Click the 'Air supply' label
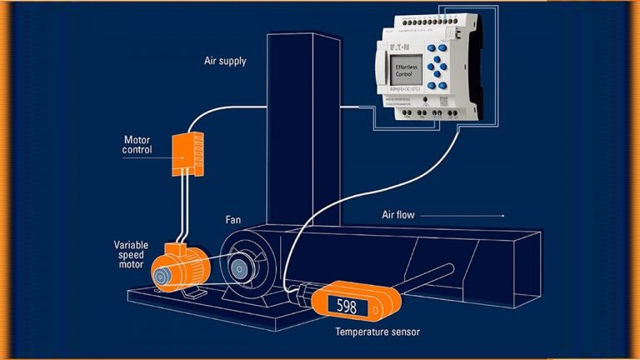[x=225, y=61]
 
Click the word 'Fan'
[x=234, y=220]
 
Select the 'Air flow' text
[x=399, y=215]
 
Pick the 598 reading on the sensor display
[x=347, y=307]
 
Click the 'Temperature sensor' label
[x=377, y=332]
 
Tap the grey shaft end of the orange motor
[x=158, y=272]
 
